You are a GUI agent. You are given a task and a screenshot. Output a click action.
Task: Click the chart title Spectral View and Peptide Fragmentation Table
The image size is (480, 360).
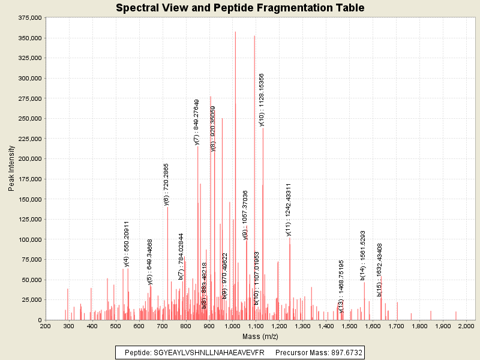tap(240, 8)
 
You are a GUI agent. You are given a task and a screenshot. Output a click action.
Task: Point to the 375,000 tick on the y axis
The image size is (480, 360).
tap(29, 18)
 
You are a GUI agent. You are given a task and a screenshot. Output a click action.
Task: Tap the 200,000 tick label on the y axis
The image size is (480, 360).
tap(29, 159)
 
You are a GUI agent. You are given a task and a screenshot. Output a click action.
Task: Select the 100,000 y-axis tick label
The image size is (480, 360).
tap(29, 239)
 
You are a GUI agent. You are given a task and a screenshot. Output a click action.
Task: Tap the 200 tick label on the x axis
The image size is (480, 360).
tap(45, 326)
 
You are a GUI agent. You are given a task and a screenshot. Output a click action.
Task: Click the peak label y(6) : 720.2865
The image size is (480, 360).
tap(166, 184)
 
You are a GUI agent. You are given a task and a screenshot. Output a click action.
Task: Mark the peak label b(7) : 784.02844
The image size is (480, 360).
tap(181, 256)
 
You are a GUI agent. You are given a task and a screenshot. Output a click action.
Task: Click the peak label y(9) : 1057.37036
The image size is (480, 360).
tap(245, 215)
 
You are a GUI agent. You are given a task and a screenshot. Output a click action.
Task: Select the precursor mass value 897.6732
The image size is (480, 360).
tap(345, 352)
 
